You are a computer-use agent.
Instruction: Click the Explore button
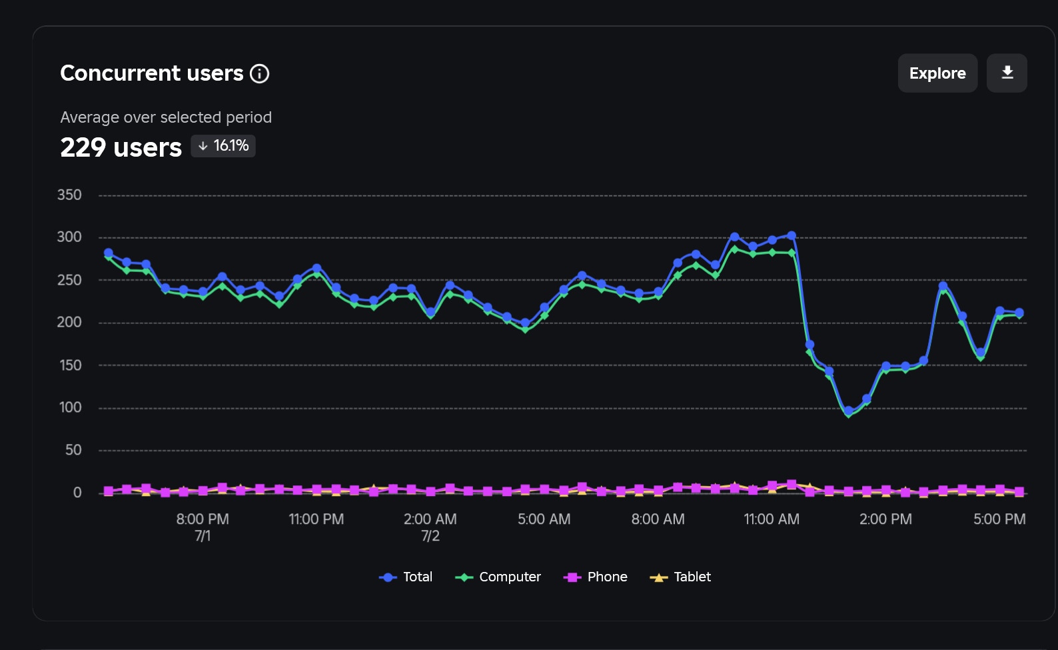(x=937, y=73)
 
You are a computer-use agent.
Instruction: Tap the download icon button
(x=1007, y=73)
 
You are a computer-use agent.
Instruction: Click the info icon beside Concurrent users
(x=259, y=73)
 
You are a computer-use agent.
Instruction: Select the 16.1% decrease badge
(x=223, y=146)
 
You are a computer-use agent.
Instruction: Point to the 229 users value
(x=121, y=147)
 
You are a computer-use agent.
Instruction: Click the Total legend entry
(x=406, y=577)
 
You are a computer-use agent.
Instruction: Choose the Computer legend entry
(x=498, y=577)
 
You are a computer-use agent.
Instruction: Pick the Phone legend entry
(x=596, y=577)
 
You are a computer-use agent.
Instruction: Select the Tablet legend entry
(x=680, y=577)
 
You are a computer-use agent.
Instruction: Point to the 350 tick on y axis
(x=69, y=195)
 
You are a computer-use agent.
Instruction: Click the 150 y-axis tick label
(x=70, y=365)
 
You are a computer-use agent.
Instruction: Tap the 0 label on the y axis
(x=77, y=493)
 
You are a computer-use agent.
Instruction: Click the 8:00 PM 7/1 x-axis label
(x=203, y=527)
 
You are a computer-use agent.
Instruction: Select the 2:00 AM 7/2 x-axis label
(x=430, y=527)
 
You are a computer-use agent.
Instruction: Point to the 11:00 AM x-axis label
(x=772, y=519)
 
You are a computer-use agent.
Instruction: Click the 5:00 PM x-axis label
(x=999, y=519)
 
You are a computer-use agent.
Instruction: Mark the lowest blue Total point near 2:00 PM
(x=848, y=411)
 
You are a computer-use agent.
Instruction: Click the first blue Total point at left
(x=109, y=253)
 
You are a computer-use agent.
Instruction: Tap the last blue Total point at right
(x=1019, y=313)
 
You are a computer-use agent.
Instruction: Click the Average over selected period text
(x=166, y=117)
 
